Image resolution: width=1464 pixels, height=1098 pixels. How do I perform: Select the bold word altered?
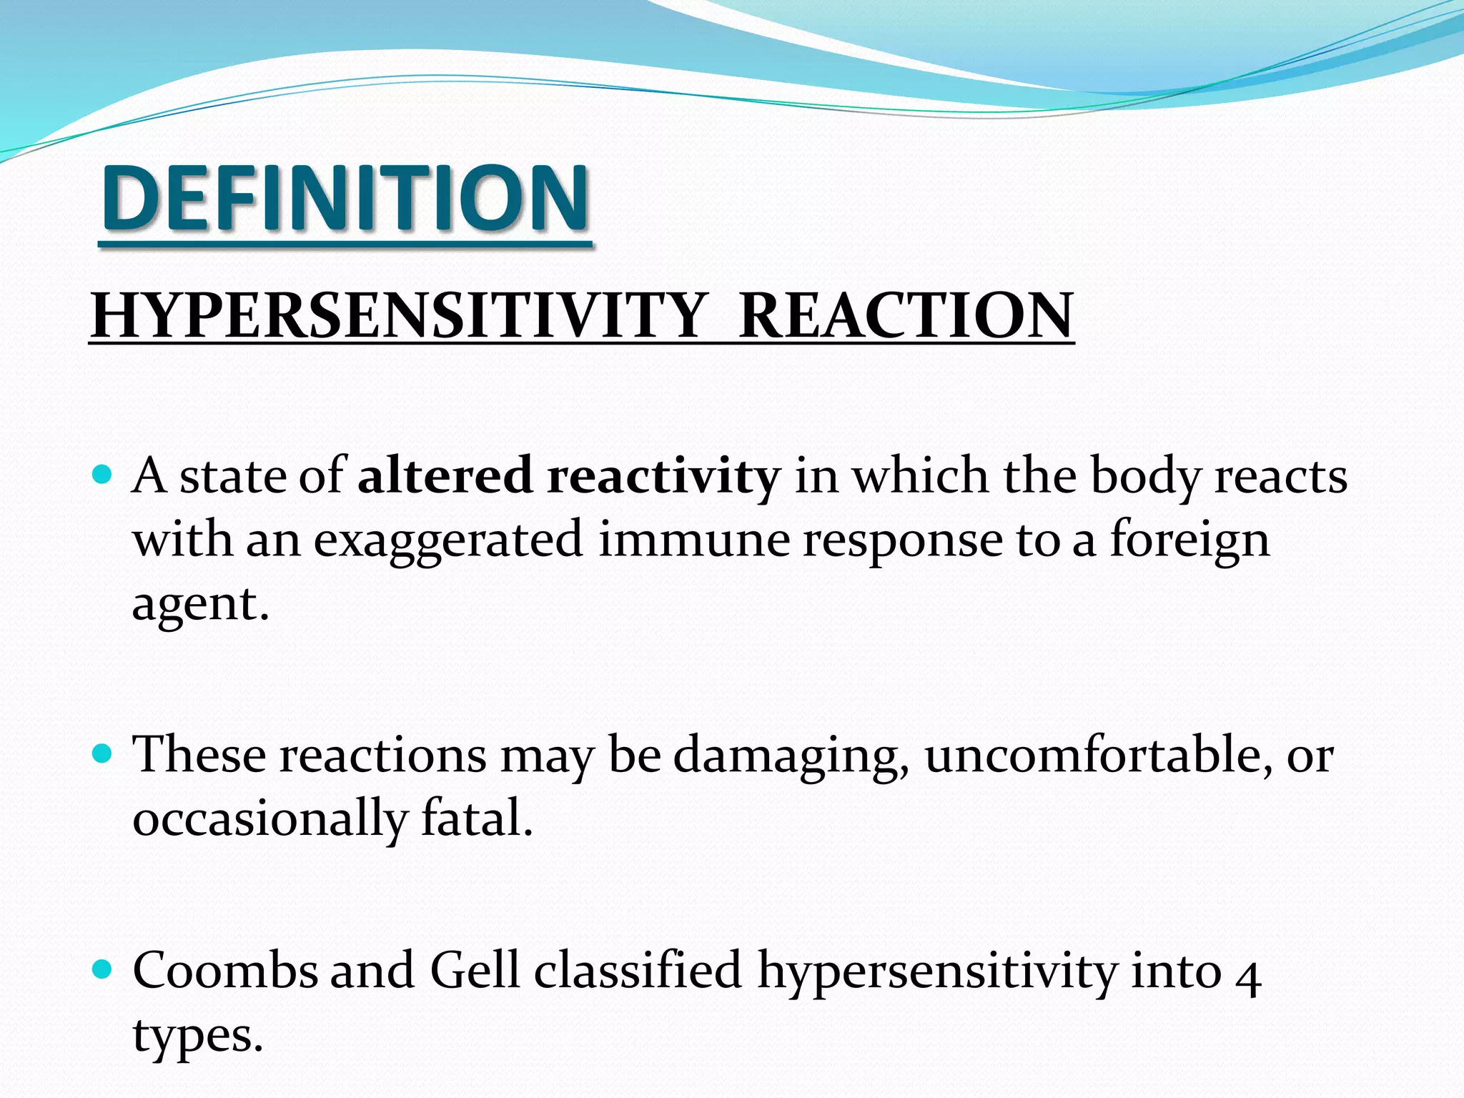click(445, 475)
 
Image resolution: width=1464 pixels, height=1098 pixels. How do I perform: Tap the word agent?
click(199, 605)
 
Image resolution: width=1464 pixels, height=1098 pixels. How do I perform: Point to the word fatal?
click(477, 818)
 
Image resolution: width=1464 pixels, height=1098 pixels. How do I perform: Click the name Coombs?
click(225, 971)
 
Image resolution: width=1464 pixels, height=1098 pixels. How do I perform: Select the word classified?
click(638, 971)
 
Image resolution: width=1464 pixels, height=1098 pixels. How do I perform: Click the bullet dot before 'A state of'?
click(104, 474)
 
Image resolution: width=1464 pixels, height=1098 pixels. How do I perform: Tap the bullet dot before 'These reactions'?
click(104, 753)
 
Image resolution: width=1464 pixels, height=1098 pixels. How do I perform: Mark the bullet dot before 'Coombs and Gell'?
click(104, 969)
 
